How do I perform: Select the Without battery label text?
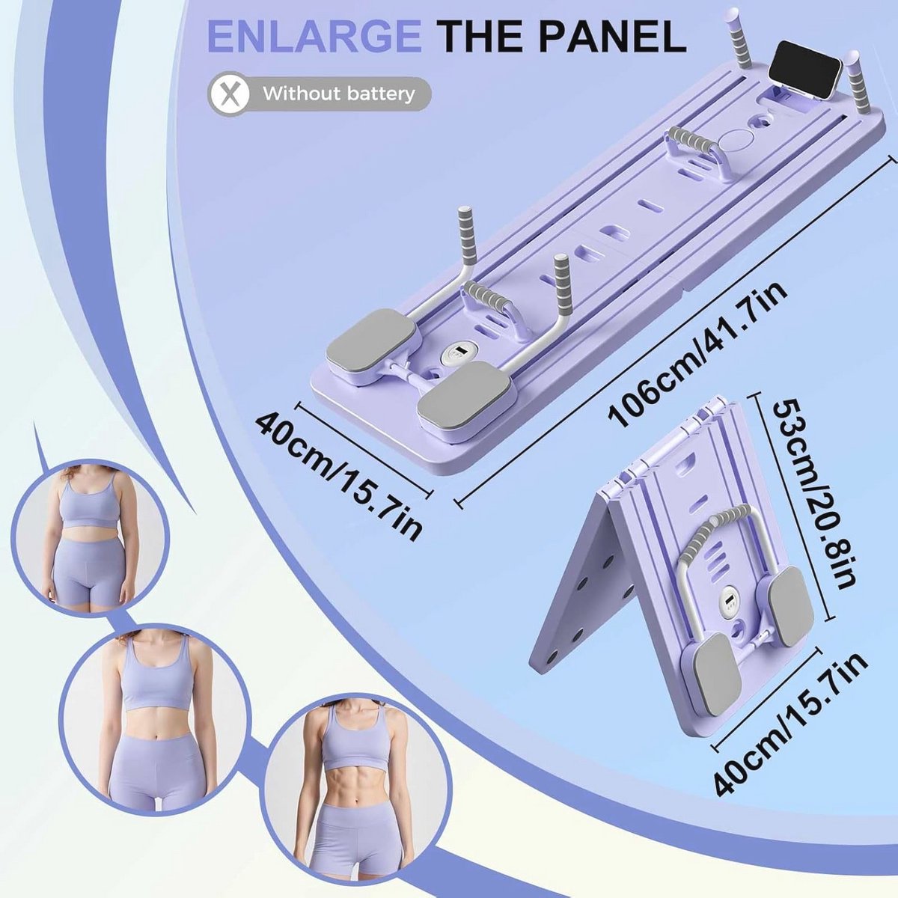[x=338, y=95]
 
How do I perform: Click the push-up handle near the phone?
[x=696, y=150]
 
